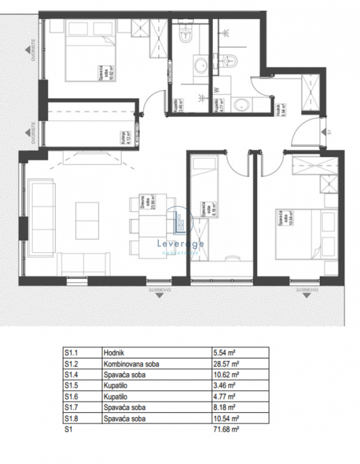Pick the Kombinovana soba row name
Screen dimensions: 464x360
coord(131,364)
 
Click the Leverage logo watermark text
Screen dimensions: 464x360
coord(179,244)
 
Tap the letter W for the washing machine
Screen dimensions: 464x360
coord(216,91)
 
